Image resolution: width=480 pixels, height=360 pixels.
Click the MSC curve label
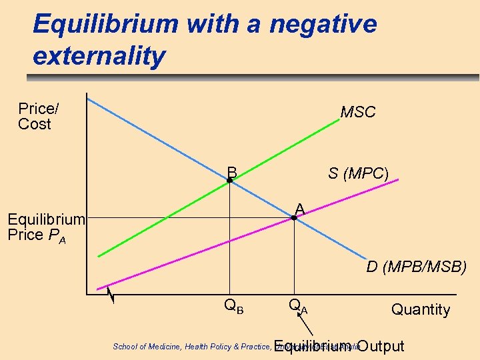click(x=358, y=113)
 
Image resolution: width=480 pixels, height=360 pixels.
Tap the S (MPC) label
click(x=358, y=173)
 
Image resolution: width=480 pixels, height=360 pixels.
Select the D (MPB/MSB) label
click(x=416, y=267)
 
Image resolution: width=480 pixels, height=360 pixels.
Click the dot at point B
click(x=229, y=181)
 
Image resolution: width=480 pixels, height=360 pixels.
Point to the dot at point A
click(x=294, y=218)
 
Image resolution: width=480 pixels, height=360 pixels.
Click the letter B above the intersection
click(x=232, y=171)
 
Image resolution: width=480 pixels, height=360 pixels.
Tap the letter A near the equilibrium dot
click(x=300, y=209)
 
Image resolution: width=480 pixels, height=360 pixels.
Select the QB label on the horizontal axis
click(x=233, y=307)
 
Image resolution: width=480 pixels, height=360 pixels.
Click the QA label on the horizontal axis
click(x=298, y=307)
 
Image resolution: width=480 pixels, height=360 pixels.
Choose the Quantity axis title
click(x=420, y=309)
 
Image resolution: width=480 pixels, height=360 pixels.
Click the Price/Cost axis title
click(x=35, y=116)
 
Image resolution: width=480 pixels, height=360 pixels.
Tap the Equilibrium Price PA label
click(x=45, y=227)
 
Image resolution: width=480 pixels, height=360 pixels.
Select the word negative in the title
click(x=323, y=25)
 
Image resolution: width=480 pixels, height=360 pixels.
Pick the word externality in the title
click(x=98, y=56)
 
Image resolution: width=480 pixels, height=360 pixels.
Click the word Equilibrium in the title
click(x=106, y=25)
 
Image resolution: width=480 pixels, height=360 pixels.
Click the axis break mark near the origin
click(x=111, y=294)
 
